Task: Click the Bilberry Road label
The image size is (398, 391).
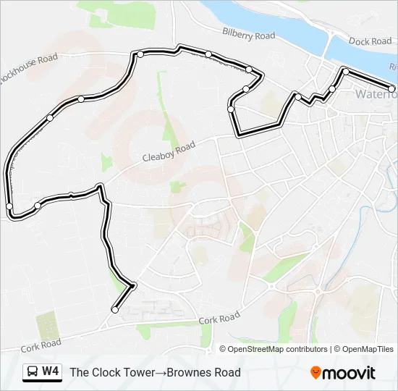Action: point(249,35)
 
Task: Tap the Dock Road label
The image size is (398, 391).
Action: point(370,41)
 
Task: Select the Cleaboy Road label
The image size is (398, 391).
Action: point(169,151)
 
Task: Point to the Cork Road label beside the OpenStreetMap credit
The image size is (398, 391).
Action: point(219,318)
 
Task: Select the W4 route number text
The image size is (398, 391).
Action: point(51,372)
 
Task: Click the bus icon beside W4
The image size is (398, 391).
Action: point(33,372)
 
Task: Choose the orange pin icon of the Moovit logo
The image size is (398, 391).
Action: point(316,372)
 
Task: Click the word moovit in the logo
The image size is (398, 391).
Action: point(349,373)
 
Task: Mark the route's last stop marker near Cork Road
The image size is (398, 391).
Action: point(115,310)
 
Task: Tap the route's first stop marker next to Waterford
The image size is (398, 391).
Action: point(391,89)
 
